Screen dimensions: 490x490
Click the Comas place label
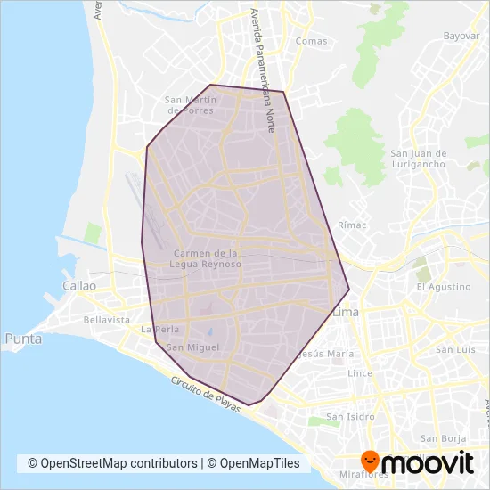coord(311,41)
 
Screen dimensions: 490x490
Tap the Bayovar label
coord(462,37)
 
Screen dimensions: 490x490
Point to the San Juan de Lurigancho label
coord(424,159)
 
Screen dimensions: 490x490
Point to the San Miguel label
coord(186,347)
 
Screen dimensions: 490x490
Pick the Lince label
coord(360,372)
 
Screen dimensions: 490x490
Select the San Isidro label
coord(348,416)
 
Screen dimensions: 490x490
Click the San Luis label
coord(453,350)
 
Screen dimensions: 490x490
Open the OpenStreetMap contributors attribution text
coord(112,463)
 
